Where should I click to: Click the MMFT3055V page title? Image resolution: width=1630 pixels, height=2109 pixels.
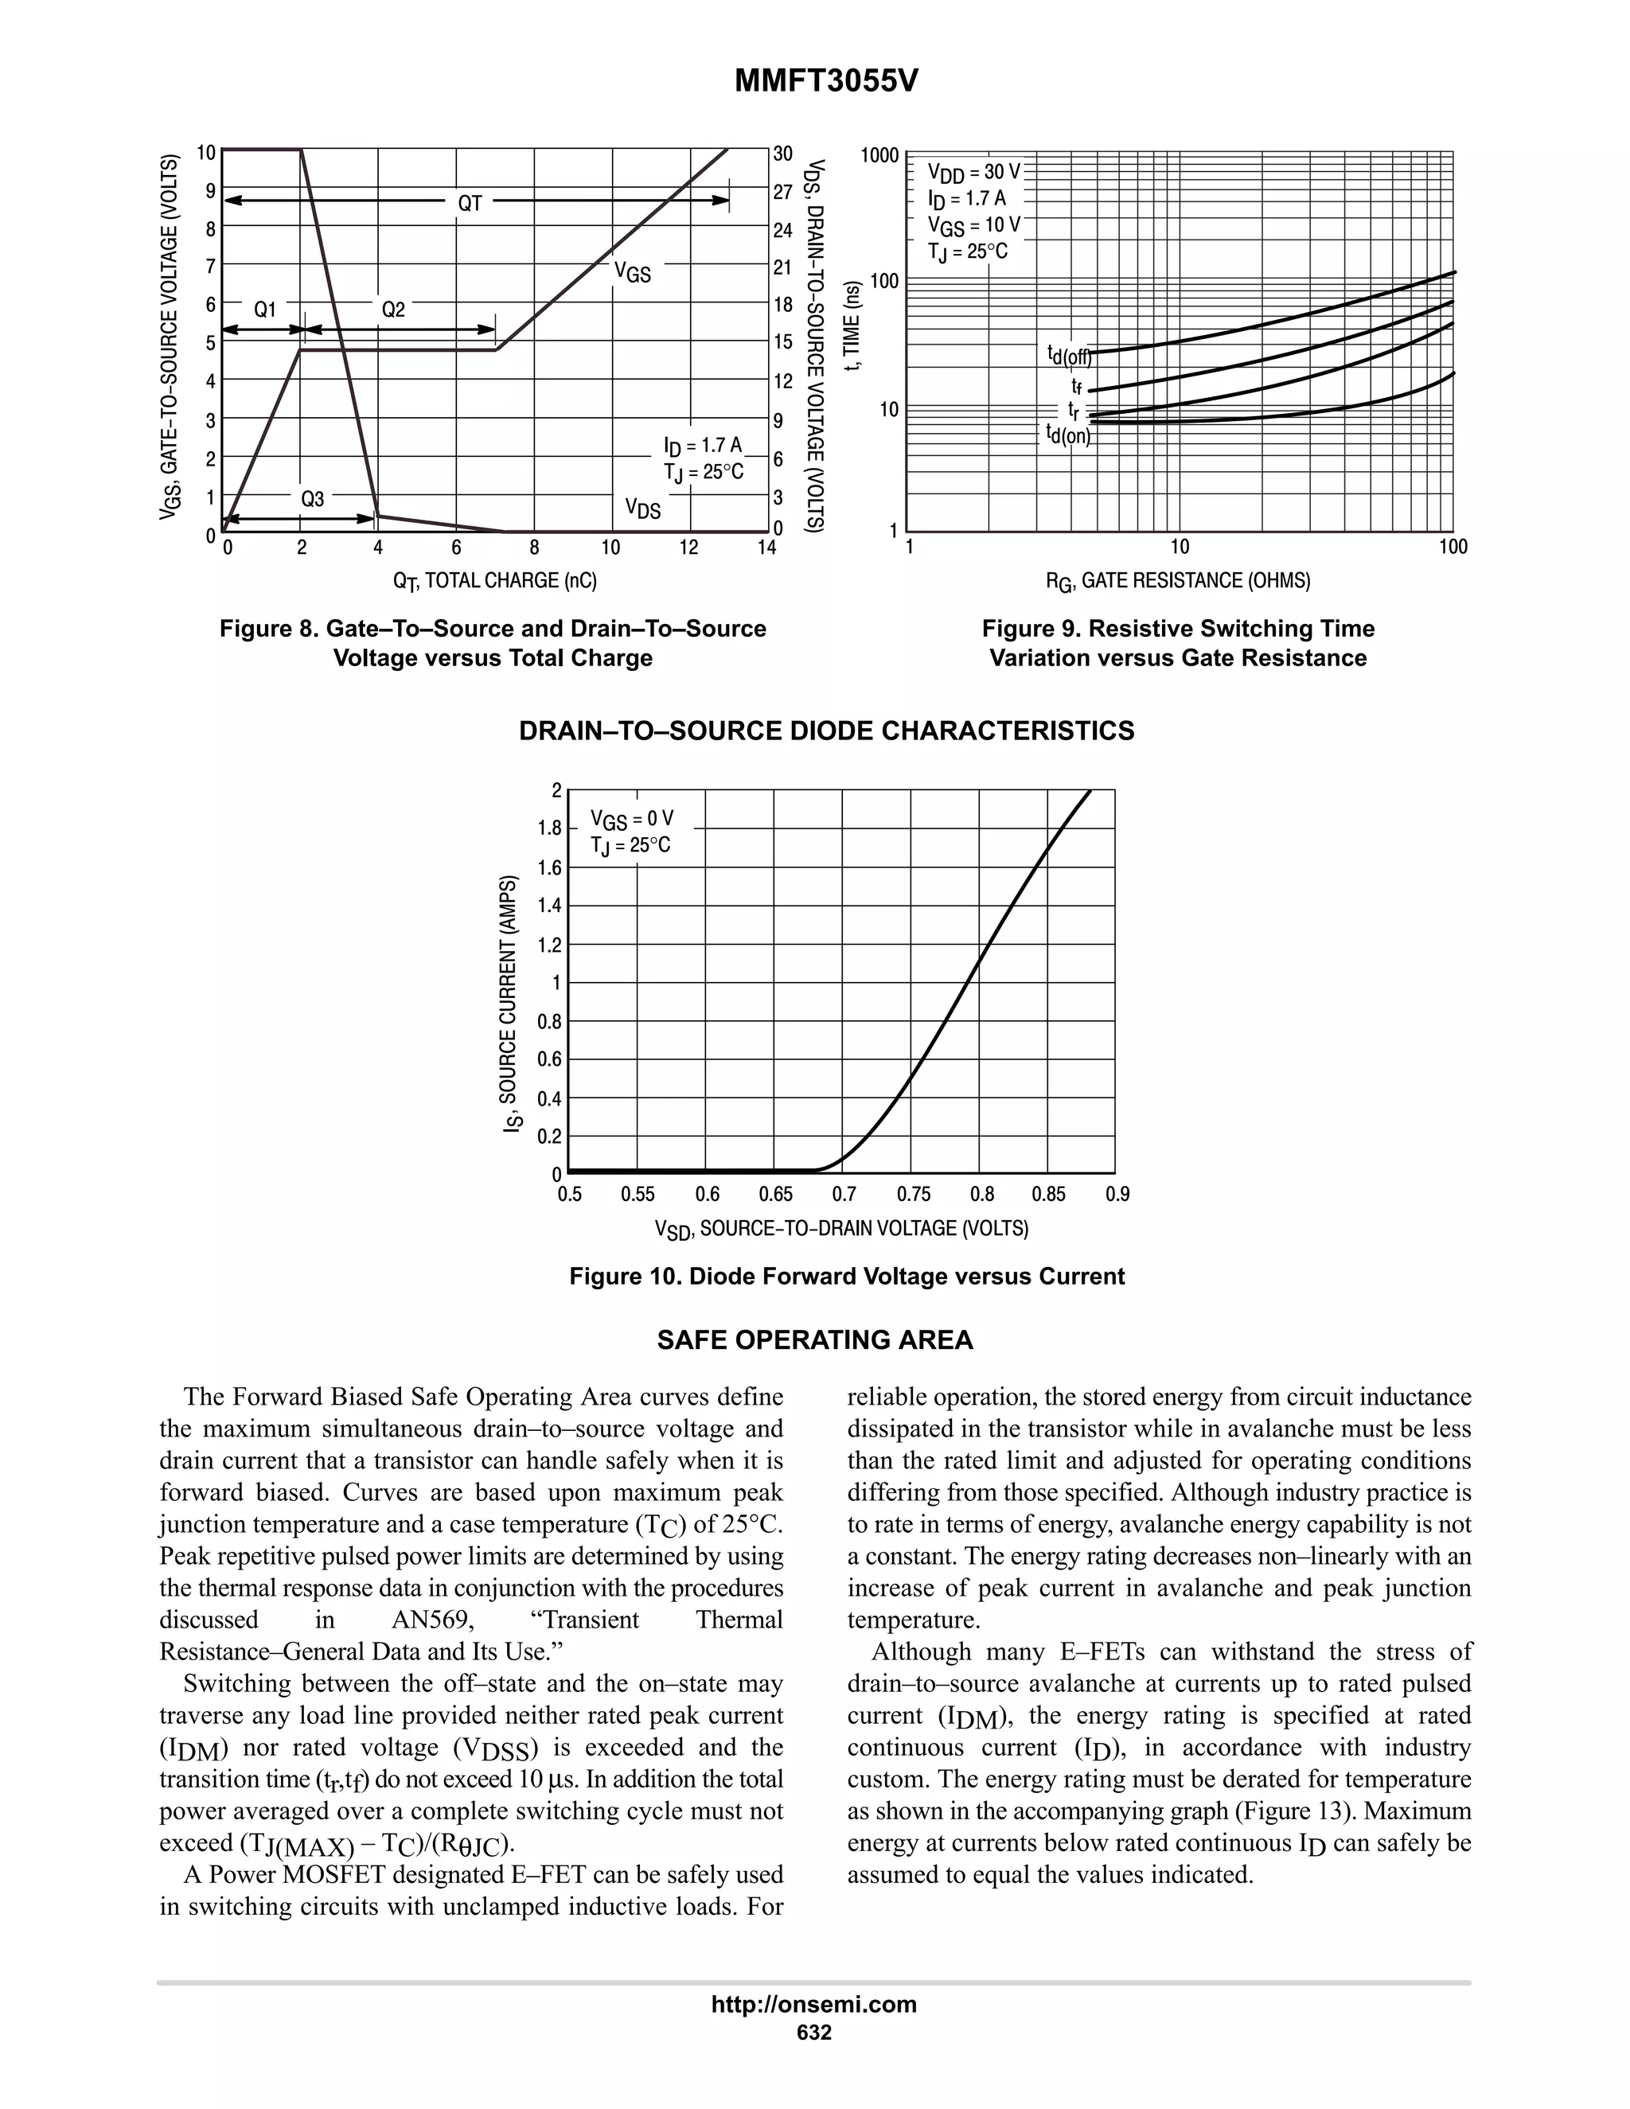(x=825, y=81)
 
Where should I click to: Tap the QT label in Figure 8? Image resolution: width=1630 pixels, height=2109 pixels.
(x=470, y=203)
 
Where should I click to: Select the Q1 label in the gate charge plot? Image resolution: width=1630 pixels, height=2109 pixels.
(x=264, y=310)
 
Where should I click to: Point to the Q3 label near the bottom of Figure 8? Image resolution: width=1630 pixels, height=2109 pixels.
(x=312, y=499)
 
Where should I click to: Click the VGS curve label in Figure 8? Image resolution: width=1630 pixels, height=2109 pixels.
(x=633, y=273)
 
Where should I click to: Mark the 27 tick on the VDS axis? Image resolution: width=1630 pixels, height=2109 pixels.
(x=782, y=192)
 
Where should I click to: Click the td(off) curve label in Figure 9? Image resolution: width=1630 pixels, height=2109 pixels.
(x=1069, y=357)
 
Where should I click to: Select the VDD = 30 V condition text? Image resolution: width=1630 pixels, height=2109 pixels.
(x=973, y=173)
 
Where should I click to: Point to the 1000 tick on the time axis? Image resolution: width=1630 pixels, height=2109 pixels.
(x=879, y=155)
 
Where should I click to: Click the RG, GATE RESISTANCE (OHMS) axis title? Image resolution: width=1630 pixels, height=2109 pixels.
(x=1178, y=581)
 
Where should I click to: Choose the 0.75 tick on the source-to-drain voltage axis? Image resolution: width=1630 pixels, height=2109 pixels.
(x=913, y=1195)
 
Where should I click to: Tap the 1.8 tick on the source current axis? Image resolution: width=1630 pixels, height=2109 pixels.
(x=549, y=828)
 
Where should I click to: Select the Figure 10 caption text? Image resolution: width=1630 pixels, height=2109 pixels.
(x=847, y=1277)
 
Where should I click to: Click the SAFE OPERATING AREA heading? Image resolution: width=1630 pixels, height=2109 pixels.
(x=815, y=1340)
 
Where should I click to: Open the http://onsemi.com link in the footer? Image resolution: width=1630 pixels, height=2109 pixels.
(x=814, y=2005)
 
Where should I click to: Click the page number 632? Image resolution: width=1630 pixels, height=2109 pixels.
(x=814, y=2033)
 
